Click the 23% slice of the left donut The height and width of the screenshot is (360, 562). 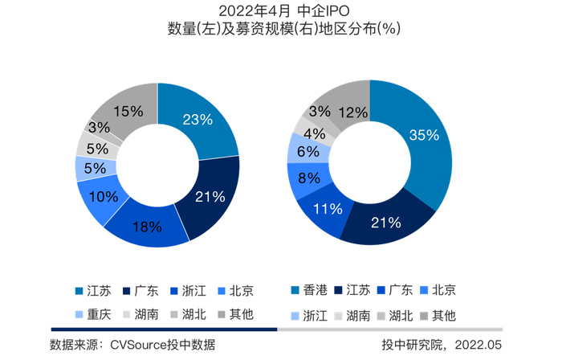pos(201,120)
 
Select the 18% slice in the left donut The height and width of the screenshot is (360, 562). pos(147,227)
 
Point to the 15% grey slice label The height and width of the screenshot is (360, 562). pos(128,111)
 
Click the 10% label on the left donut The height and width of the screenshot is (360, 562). pos(104,197)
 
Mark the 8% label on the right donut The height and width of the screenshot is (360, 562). pos(309,178)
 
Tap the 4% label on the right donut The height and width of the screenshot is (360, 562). pos(315,134)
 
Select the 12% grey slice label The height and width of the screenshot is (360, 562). pos(353,112)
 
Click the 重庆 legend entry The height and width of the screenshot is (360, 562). pos(93,314)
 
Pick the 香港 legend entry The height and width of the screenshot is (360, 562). pos(309,290)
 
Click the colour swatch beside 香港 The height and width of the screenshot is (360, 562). pos(295,290)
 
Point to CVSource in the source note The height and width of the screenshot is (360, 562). pos(138,345)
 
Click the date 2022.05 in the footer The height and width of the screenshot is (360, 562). pos(479,345)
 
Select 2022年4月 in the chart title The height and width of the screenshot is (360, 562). pos(255,11)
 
